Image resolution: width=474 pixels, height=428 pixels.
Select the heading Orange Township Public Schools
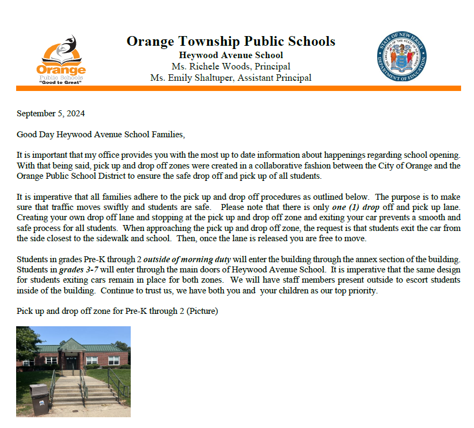pyautogui.click(x=231, y=41)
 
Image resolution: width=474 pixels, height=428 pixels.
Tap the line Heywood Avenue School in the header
pyautogui.click(x=231, y=55)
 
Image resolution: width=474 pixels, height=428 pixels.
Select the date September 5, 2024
pyautogui.click(x=51, y=114)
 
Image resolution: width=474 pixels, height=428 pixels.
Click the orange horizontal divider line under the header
pyautogui.click(x=238, y=88)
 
